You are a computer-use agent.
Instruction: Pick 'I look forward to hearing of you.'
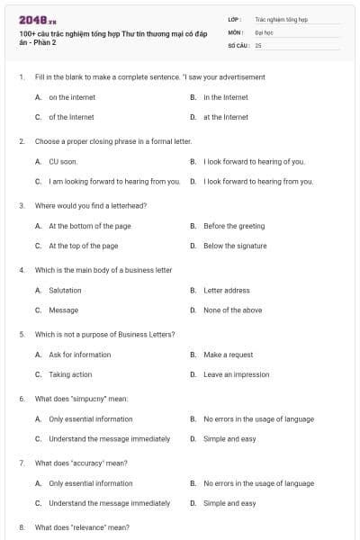point(254,162)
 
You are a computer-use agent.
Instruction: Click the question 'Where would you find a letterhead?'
point(90,206)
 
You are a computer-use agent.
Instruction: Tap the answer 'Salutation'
point(65,291)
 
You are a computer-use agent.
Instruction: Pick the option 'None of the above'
point(232,310)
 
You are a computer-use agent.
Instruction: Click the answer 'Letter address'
point(227,291)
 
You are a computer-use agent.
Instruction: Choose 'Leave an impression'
point(236,374)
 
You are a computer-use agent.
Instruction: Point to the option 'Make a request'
point(228,355)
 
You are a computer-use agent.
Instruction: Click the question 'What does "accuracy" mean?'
point(81,463)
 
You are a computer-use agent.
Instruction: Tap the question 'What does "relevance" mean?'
point(82,527)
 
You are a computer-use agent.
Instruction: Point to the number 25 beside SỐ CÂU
point(258,44)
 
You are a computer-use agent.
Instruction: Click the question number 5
point(22,335)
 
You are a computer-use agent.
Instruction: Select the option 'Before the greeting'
point(234,226)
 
